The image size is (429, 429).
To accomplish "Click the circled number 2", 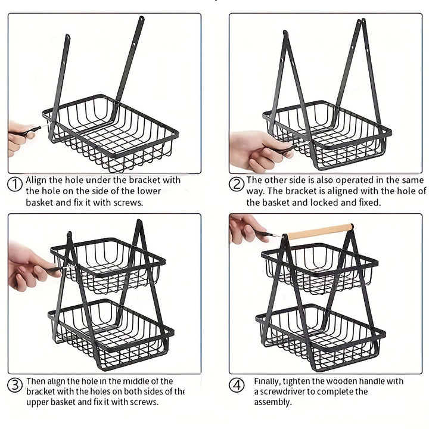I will coord(237,184).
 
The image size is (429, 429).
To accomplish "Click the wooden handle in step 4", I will coord(320,231).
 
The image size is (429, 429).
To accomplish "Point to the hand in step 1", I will coord(18,137).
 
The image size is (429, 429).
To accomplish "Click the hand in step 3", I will coord(27,266).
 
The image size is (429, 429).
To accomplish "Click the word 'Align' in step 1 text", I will coord(37,180).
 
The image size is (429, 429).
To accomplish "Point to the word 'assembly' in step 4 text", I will coord(272,402).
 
